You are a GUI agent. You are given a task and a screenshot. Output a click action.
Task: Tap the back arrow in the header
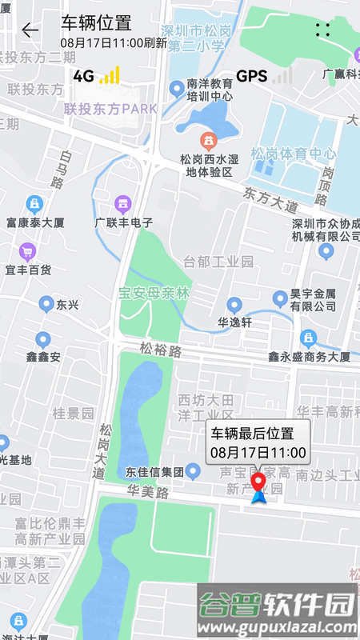(x=30, y=30)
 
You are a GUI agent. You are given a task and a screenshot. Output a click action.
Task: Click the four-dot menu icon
(x=322, y=30)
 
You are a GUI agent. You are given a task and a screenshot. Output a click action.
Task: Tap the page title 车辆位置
(x=96, y=22)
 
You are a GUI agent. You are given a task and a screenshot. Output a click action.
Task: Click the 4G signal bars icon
(x=110, y=75)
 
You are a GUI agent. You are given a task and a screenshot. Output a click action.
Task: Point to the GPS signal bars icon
(x=282, y=76)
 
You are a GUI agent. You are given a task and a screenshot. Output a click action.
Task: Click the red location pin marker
(x=259, y=483)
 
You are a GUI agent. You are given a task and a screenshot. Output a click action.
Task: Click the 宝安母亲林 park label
(x=154, y=293)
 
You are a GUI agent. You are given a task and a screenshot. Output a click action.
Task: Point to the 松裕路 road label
(x=161, y=350)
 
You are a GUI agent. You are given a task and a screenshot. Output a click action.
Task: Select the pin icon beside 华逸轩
(x=234, y=305)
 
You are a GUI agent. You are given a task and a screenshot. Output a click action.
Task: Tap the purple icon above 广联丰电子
(x=122, y=204)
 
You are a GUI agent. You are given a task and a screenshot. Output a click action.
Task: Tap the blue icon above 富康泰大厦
(x=34, y=203)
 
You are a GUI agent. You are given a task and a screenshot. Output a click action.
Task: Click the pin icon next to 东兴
(x=46, y=304)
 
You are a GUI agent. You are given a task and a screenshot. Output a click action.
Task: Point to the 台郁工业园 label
(x=218, y=262)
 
